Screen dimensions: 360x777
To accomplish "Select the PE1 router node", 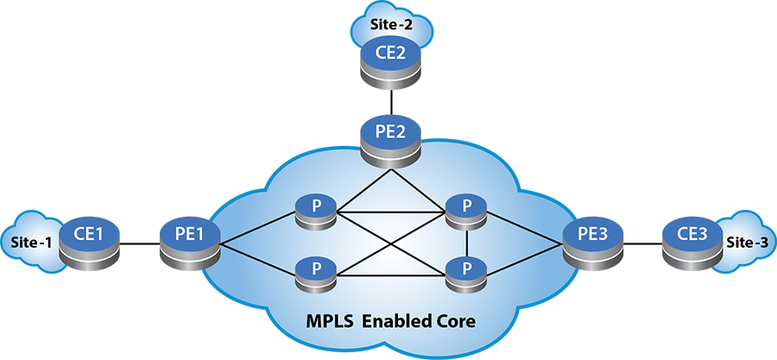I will click(190, 236).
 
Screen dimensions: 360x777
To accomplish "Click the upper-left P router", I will click(315, 210).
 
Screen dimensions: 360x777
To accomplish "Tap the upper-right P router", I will click(466, 210).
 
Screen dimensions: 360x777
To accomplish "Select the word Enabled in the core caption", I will click(396, 322).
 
